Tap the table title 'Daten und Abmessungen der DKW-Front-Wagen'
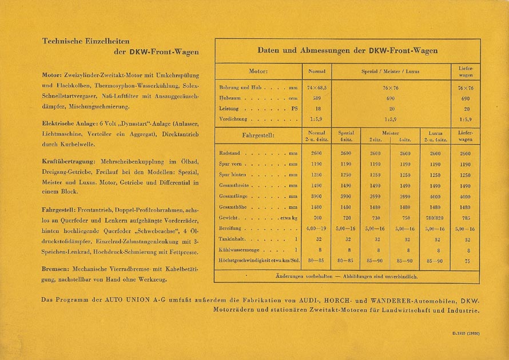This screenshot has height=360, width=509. [x=347, y=50]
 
